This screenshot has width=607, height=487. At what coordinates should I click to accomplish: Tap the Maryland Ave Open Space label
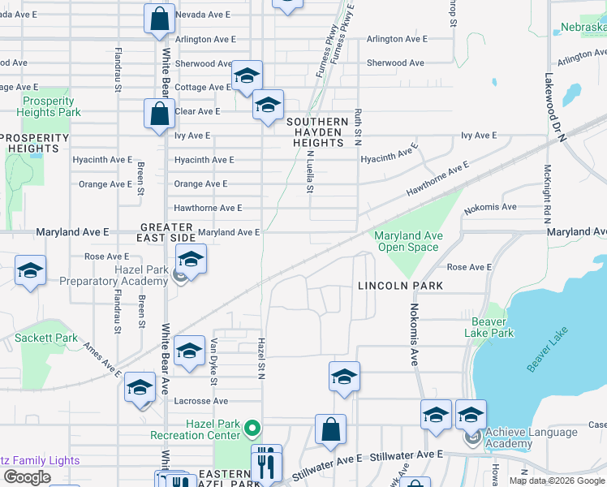(x=408, y=241)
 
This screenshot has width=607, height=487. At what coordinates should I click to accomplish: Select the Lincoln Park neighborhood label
(x=401, y=286)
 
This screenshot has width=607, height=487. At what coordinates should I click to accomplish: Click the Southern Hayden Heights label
(x=317, y=131)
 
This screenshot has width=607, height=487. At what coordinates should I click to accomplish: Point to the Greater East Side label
(x=167, y=233)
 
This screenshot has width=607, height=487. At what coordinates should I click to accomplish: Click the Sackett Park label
(x=46, y=338)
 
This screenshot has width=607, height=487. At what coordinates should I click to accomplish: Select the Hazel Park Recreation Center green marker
(x=252, y=427)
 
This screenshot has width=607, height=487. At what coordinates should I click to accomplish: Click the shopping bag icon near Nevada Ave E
(x=160, y=19)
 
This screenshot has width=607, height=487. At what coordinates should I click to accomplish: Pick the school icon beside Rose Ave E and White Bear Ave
(x=191, y=260)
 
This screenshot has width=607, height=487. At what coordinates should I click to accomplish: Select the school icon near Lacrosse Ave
(x=140, y=388)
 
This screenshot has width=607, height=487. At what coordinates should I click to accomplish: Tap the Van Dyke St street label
(x=214, y=361)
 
